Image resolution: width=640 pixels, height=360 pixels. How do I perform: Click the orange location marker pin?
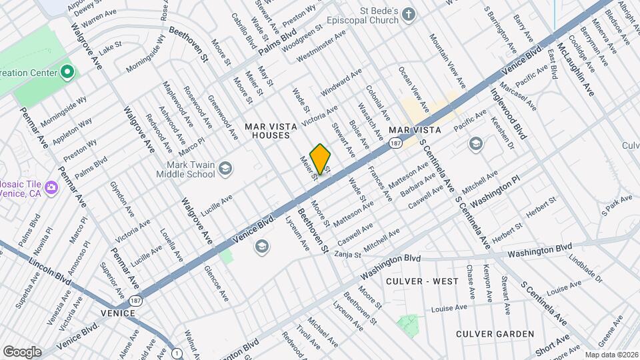321,159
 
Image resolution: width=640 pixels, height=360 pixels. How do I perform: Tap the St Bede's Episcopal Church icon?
409,15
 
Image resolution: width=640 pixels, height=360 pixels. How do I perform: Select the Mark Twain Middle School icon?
225,167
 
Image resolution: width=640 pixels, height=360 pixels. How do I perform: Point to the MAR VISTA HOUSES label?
267,131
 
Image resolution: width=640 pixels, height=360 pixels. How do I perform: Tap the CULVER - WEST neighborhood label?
422,281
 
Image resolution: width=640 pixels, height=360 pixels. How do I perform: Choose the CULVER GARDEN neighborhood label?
495,333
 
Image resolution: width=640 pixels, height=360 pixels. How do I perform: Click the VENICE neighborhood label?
118,312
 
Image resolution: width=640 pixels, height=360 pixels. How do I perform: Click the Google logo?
22,351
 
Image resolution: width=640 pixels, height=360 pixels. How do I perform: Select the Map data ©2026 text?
611,355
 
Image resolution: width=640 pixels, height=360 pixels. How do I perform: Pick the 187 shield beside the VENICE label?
136,301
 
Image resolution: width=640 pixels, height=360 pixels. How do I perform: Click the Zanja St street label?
347,254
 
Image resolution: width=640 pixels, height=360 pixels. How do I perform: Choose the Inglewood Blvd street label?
509,114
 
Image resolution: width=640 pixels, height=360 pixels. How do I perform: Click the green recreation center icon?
67,71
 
